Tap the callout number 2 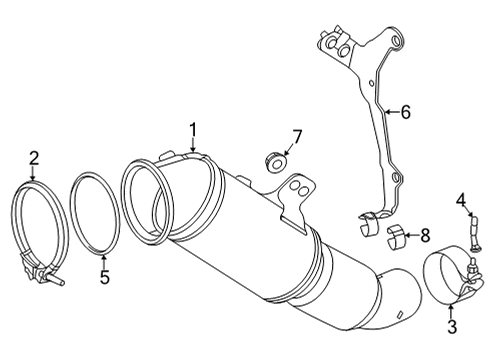[33, 157]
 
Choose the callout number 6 [406, 112]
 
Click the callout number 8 [424, 236]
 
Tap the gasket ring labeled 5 [98, 214]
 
